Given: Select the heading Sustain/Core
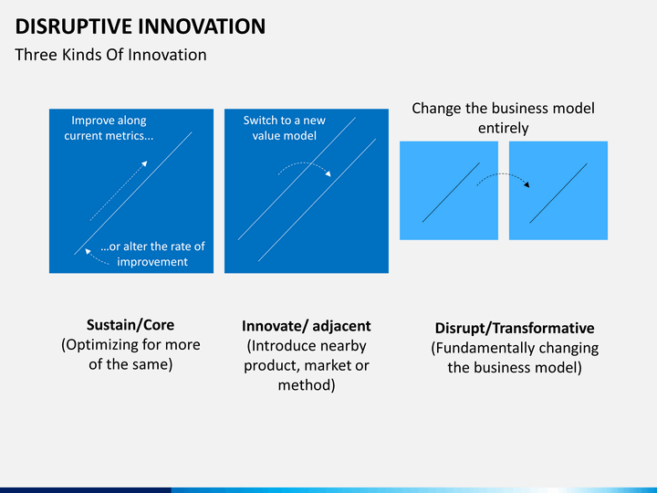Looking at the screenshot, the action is tap(130, 325).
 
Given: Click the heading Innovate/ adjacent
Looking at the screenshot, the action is tap(307, 326).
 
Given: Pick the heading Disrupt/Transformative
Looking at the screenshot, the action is tap(515, 329).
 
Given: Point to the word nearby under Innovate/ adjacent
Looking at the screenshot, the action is tap(340, 346).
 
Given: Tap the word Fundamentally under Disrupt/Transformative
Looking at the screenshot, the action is tap(483, 349).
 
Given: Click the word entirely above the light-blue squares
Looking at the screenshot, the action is tap(503, 129).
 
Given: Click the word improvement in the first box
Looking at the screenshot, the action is tap(152, 262).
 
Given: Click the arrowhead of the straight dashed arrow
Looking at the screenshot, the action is tap(144, 163).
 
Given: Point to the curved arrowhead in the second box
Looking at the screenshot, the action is tap(328, 173).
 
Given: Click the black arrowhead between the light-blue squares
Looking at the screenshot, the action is tap(527, 184).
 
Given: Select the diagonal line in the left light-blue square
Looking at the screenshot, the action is tap(451, 193).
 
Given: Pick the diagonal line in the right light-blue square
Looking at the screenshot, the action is tap(558, 193).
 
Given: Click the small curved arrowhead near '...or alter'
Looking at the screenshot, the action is tap(88, 252).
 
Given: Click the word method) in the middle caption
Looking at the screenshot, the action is tap(307, 385).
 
